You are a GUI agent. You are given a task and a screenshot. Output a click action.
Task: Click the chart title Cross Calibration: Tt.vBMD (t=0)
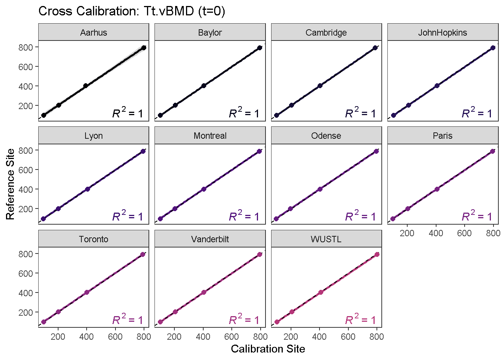[132, 11]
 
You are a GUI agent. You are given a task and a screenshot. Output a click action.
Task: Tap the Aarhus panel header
[93, 33]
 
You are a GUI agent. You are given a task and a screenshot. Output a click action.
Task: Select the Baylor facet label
[210, 33]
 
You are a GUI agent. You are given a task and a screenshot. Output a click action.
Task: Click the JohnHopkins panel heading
[442, 33]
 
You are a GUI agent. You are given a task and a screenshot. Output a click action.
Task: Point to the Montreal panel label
[210, 136]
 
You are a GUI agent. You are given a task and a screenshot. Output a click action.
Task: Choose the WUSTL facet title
[326, 239]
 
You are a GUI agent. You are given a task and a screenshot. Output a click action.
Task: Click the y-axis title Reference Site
[10, 184]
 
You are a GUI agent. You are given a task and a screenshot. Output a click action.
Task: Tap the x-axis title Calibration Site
[268, 349]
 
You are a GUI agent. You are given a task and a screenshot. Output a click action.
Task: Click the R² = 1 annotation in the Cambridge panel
[360, 113]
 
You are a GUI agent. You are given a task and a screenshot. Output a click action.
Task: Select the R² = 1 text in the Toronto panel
[127, 320]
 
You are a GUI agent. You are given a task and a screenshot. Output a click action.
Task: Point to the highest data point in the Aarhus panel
[144, 48]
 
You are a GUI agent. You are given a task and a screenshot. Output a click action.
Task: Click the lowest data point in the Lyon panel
[43, 219]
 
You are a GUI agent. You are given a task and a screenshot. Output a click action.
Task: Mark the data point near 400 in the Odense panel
[320, 189]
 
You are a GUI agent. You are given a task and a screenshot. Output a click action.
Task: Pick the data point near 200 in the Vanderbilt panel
[175, 312]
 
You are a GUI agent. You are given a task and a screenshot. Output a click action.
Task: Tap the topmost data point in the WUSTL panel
[377, 254]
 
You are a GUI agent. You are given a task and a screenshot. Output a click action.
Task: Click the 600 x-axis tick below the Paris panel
[464, 233]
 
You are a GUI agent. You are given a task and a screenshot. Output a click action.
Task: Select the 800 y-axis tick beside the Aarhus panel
[25, 47]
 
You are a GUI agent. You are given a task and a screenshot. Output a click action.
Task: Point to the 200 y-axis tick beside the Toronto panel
[25, 312]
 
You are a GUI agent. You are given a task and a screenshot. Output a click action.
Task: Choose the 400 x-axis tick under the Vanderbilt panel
[203, 337]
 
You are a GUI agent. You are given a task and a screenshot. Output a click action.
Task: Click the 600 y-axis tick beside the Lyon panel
[25, 170]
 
